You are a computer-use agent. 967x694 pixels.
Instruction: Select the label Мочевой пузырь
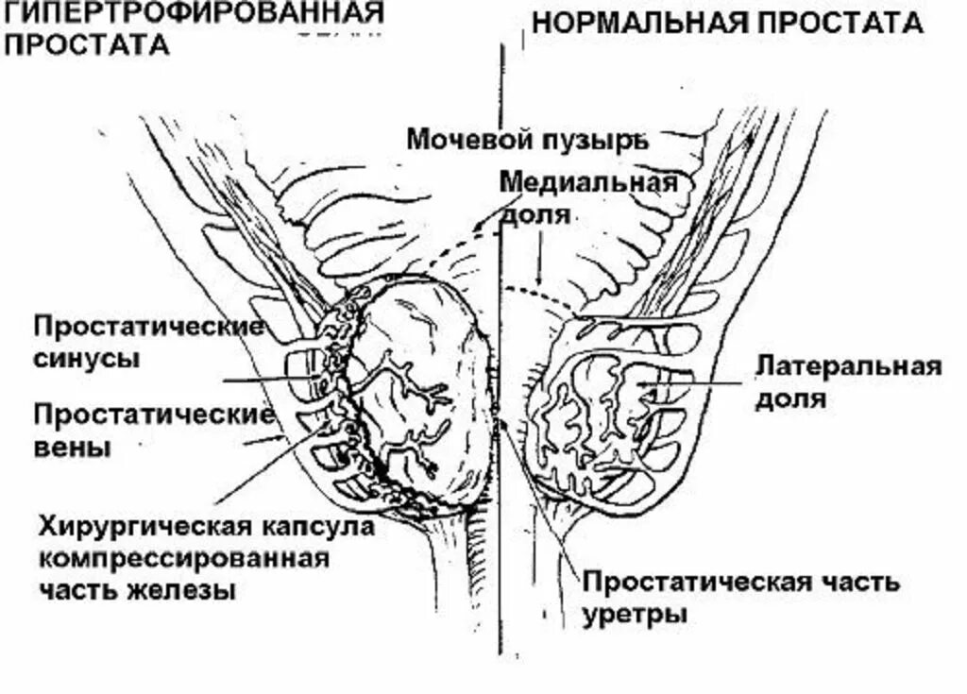(527, 140)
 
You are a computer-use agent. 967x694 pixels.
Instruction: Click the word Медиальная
(588, 181)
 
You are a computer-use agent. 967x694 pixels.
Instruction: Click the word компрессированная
(183, 558)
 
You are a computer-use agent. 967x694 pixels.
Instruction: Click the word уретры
(634, 614)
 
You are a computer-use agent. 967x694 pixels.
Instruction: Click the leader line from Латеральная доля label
(699, 383)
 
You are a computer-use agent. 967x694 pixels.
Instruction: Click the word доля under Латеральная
(790, 398)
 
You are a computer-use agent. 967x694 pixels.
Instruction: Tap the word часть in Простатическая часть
(857, 582)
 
